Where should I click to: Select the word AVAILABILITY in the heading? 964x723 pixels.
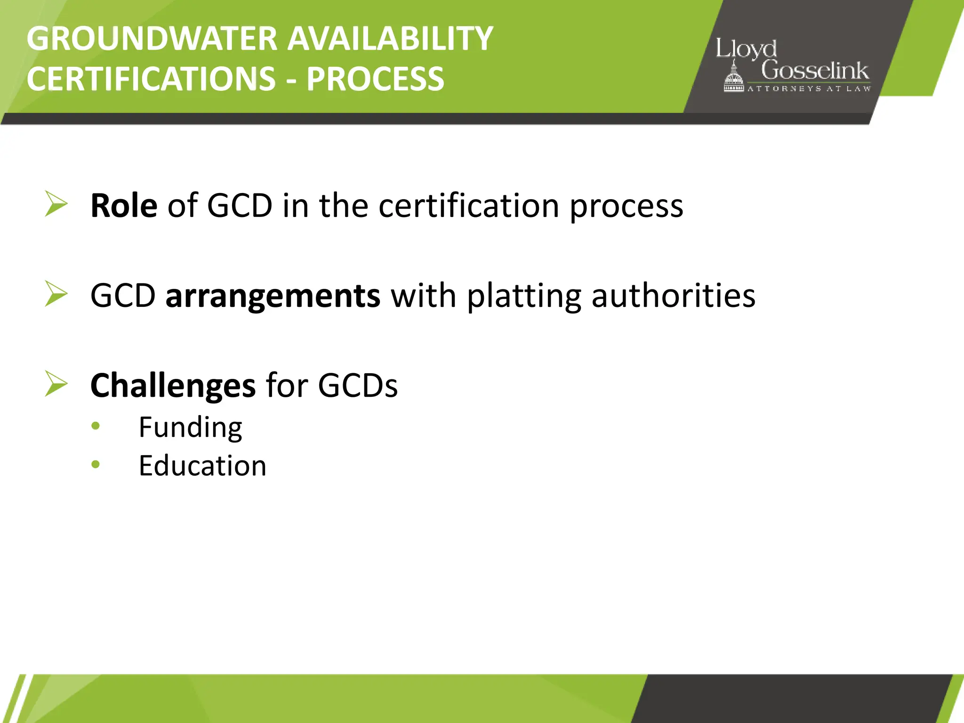pos(390,39)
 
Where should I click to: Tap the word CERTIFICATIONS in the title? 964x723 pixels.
pos(151,79)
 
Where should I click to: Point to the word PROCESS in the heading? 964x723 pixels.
pos(375,79)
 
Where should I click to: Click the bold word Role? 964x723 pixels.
pos(124,206)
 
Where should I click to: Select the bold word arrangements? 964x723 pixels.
pos(273,296)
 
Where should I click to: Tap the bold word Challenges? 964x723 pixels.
pos(173,386)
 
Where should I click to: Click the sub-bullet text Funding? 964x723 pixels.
pos(190,427)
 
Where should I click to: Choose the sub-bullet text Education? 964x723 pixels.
pos(202,466)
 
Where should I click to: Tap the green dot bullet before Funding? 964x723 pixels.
pos(96,426)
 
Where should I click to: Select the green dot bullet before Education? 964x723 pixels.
pos(96,465)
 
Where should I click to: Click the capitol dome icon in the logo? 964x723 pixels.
pos(733,78)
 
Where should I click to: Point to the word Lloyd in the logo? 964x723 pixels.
pos(746,49)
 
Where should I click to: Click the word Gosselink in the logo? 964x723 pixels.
pos(815,71)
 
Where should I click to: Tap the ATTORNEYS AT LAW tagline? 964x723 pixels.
pos(809,88)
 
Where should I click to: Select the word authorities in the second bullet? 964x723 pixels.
pos(673,296)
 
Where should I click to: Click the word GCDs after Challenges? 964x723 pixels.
pos(358,386)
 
